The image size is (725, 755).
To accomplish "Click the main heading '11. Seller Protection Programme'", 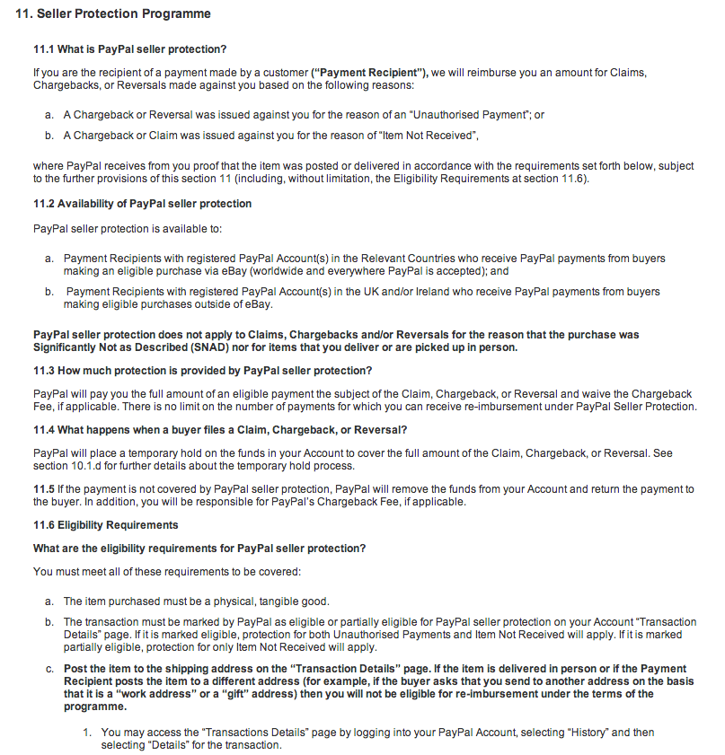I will (113, 14).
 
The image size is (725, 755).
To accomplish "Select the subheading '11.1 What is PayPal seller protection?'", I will (129, 48).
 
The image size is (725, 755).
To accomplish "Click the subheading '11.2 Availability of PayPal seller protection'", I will (142, 204).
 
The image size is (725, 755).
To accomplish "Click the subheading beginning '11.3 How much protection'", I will (202, 371).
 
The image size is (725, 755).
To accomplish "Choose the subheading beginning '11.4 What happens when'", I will (220, 429).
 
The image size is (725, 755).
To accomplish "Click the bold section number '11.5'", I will (44, 489).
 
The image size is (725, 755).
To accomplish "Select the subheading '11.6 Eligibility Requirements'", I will (105, 525).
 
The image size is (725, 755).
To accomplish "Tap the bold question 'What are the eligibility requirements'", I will (199, 549).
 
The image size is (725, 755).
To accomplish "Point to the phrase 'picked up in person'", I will (466, 347).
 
